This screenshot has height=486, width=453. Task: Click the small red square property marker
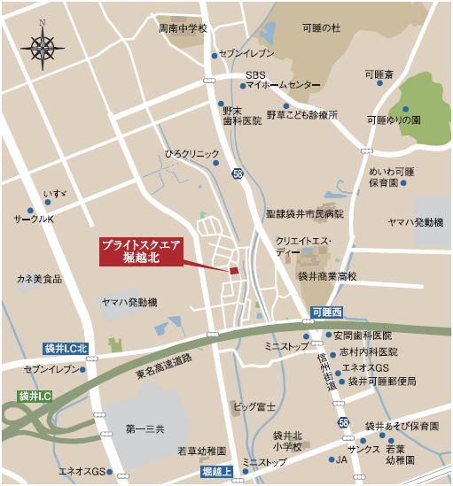pyautogui.click(x=234, y=271)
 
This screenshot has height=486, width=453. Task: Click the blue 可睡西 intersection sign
pyautogui.click(x=325, y=312)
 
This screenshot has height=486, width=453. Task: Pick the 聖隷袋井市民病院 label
pyautogui.click(x=303, y=213)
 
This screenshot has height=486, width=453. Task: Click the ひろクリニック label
pyautogui.click(x=191, y=153)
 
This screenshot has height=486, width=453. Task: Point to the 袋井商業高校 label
pyautogui.click(x=325, y=276)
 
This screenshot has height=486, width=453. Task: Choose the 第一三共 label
pyautogui.click(x=146, y=429)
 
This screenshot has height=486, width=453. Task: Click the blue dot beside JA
pyautogui.click(x=326, y=459)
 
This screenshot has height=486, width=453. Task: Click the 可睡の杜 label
pyautogui.click(x=320, y=28)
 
